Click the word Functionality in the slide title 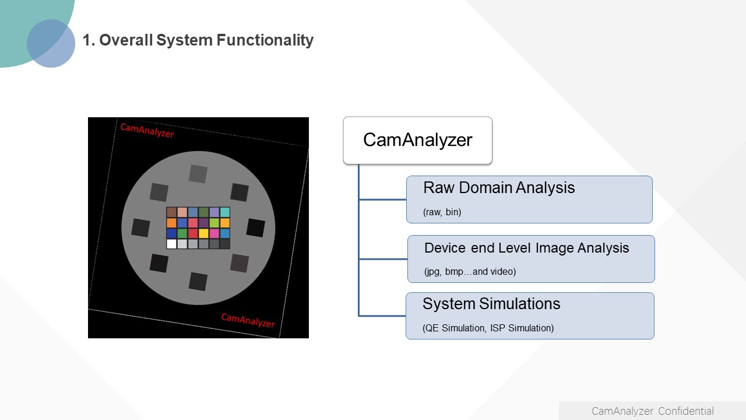pos(265,40)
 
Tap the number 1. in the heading pos(89,40)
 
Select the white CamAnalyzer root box pos(418,141)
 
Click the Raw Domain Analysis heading pos(499,188)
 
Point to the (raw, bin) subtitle pos(442,212)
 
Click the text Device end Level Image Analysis pos(526,248)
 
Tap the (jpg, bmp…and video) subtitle pos(470,272)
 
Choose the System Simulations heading pos(491,304)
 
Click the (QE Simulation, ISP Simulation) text pos(488,328)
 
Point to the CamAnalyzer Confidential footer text pos(652,411)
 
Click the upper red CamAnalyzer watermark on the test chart pos(147,130)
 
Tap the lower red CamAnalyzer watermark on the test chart pos(248,320)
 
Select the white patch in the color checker pos(171,244)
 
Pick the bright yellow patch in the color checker pos(203,233)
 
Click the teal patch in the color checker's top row pos(225,212)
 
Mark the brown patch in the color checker pos(171,212)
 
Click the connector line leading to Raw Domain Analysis pos(383,199)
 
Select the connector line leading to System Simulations pos(382,316)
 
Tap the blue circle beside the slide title pos(51,43)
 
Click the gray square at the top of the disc pos(198,174)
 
